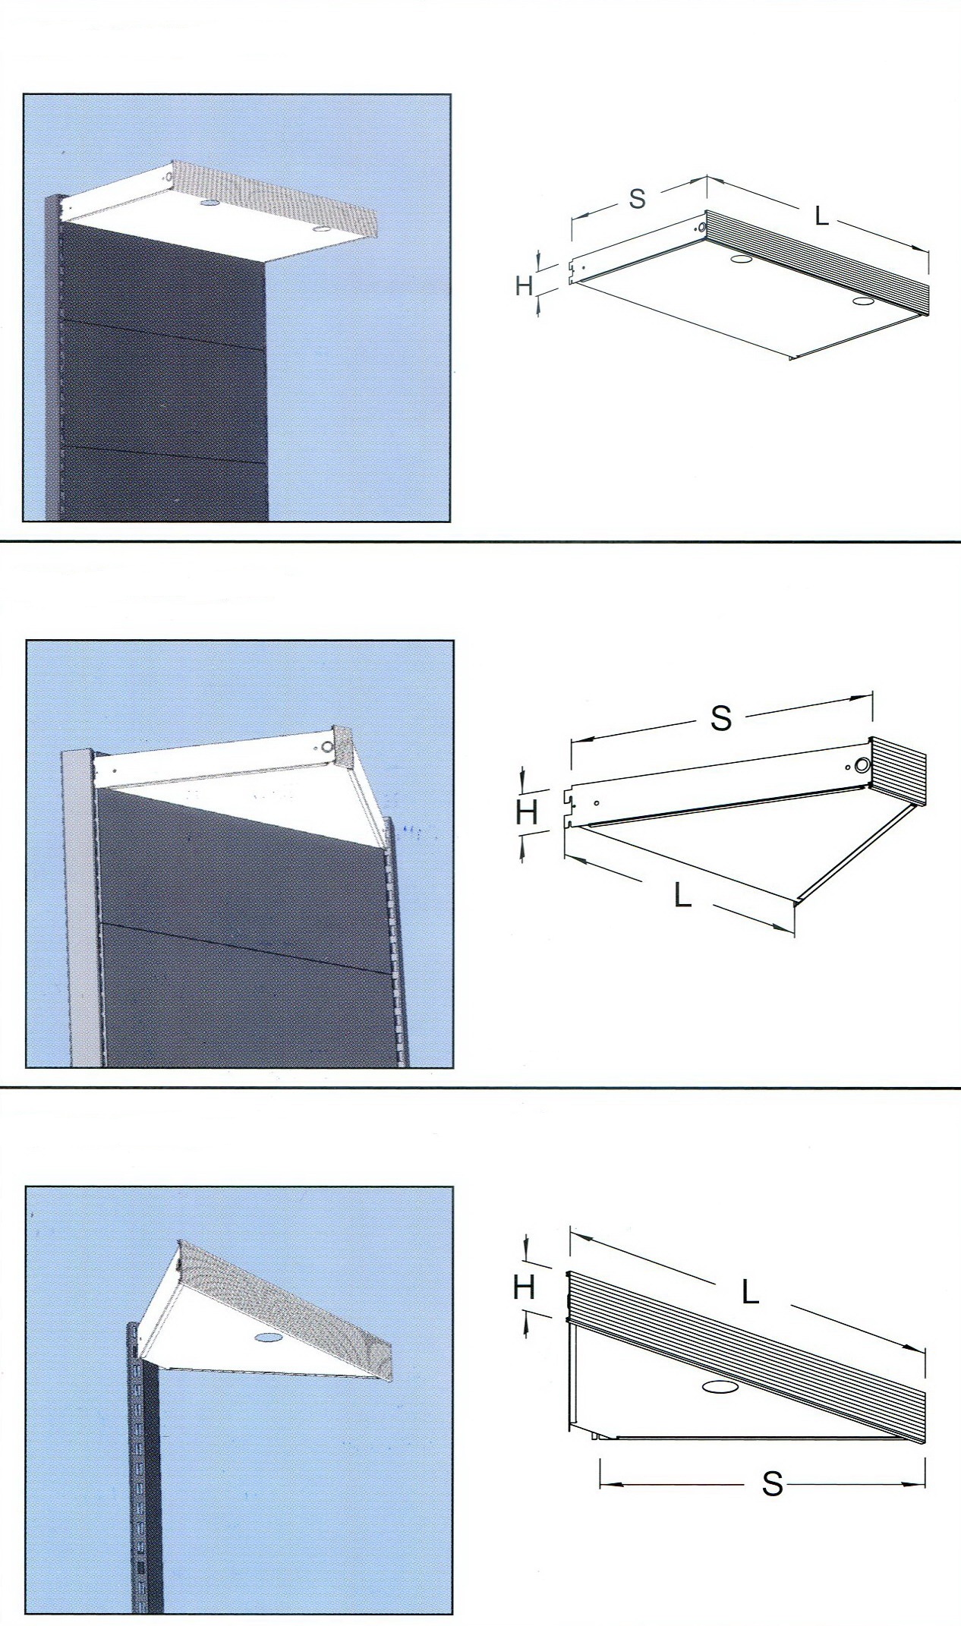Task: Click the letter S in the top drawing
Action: (637, 197)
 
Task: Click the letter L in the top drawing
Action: (821, 216)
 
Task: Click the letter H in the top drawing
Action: (524, 285)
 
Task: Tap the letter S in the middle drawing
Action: (721, 717)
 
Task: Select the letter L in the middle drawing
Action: (682, 897)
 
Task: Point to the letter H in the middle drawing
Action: (527, 813)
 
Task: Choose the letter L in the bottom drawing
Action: (750, 1292)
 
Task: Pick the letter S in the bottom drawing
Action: (772, 1483)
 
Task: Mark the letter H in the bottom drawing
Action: (525, 1286)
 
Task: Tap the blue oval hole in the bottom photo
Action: (266, 1336)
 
